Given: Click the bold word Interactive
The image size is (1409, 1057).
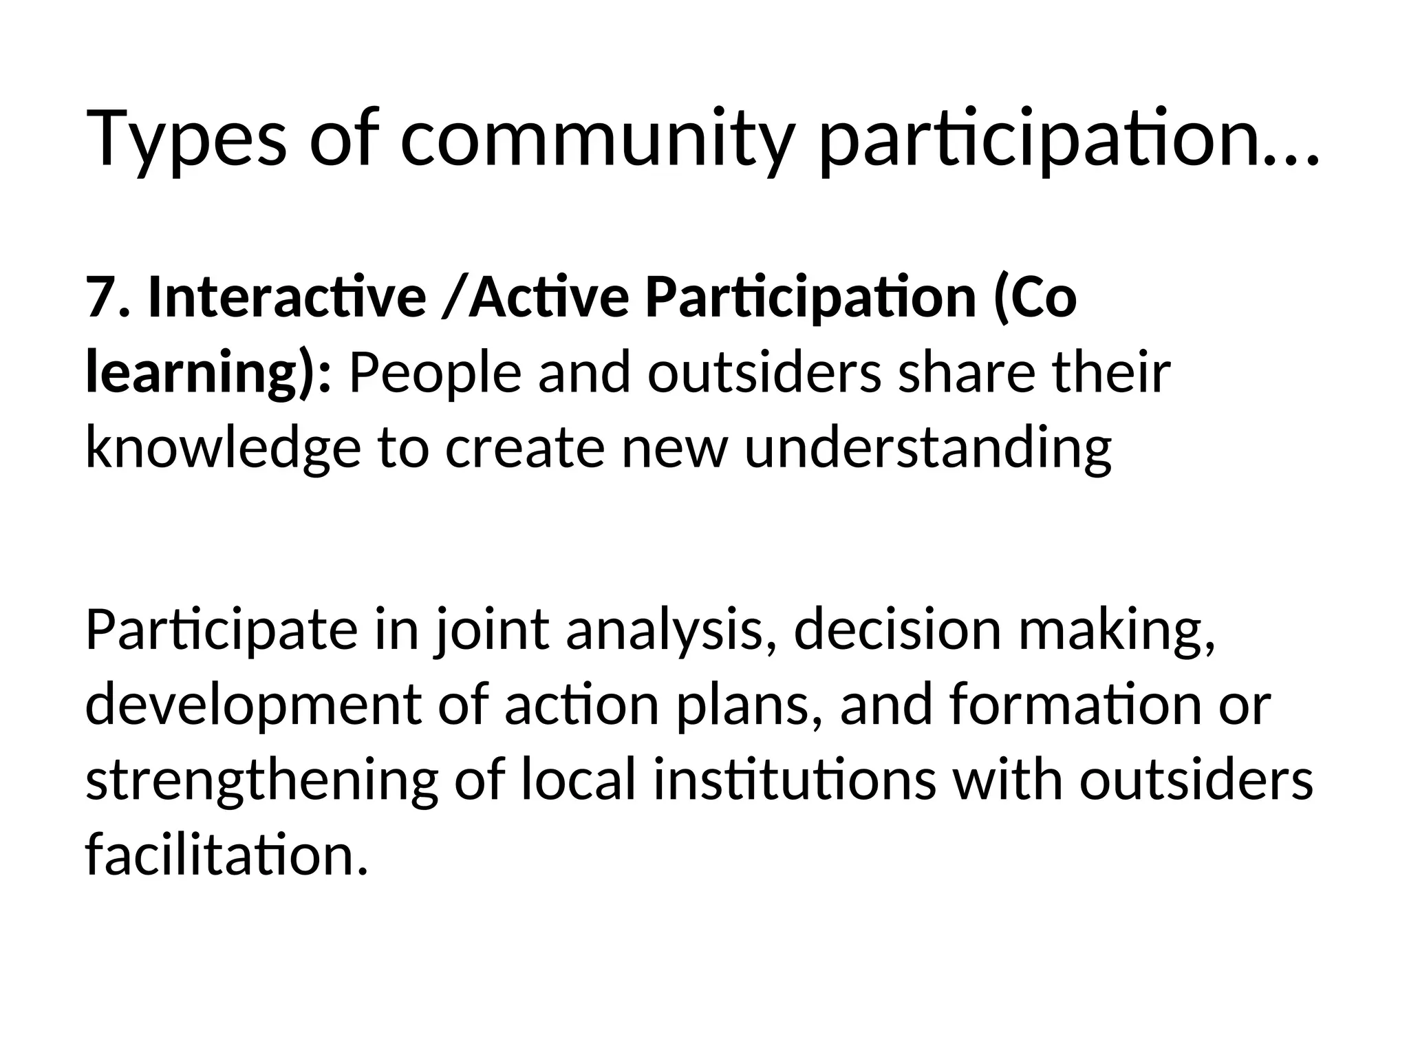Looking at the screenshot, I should pos(287,297).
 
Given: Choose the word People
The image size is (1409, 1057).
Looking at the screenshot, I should pos(434,374).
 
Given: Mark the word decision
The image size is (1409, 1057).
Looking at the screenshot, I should pos(897,630).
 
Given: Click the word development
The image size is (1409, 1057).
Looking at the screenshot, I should pos(252,707).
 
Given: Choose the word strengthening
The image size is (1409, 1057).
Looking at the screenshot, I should pos(261,782).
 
